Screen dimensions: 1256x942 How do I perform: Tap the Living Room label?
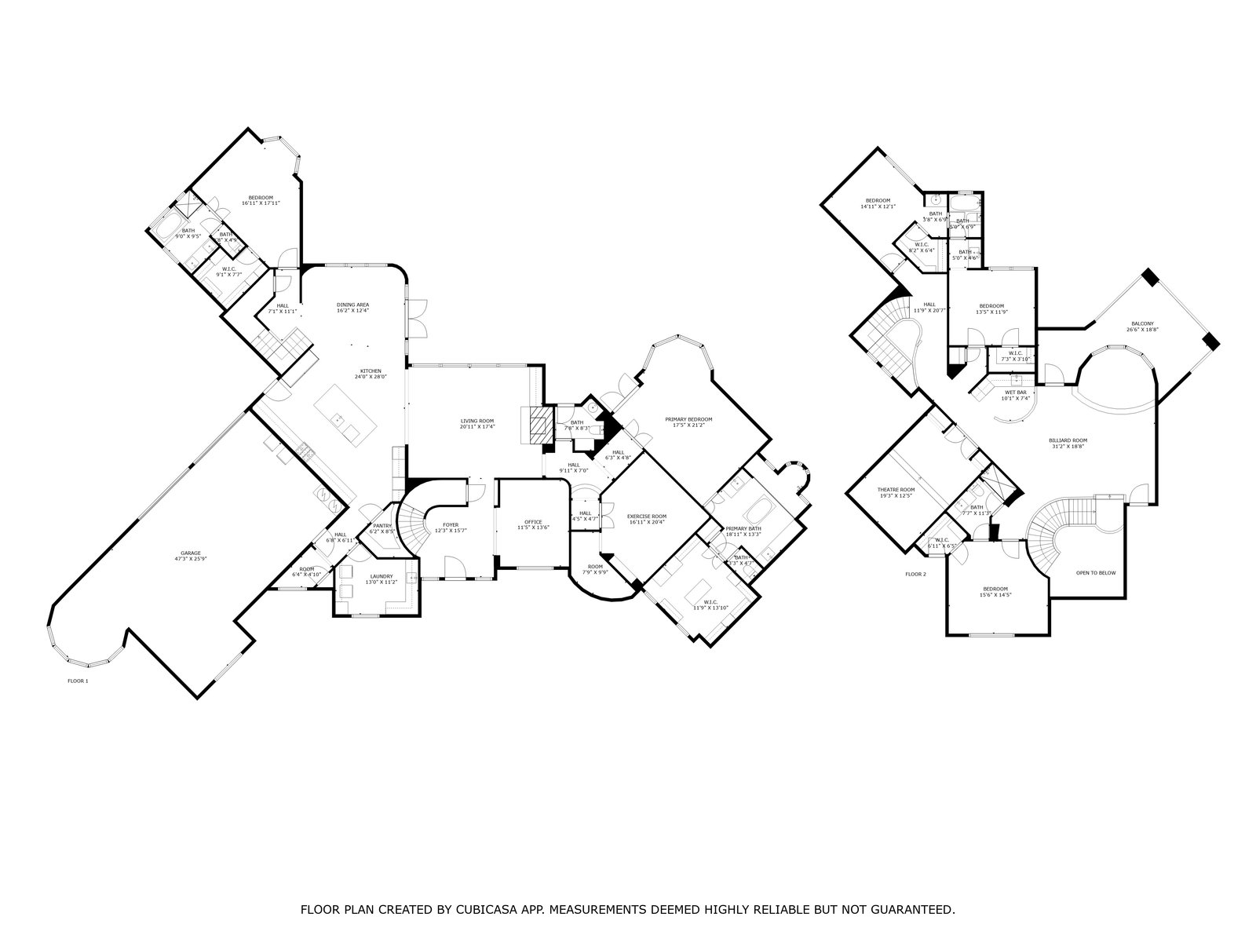[476, 422]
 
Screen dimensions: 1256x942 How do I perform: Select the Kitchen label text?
[371, 371]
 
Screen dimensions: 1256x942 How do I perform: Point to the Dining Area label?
[352, 305]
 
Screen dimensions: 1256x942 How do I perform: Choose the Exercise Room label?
[647, 517]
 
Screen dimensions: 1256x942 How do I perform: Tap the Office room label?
[533, 522]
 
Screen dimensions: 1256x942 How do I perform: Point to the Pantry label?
[382, 526]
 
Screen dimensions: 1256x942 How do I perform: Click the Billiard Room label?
[1068, 441]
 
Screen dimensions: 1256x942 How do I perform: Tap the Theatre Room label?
[896, 490]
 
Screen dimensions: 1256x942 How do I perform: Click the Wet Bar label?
[1015, 392]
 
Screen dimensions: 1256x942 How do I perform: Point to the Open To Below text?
[1096, 573]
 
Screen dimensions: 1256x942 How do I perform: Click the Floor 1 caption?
[78, 681]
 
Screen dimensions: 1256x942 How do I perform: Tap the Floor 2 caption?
[915, 575]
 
